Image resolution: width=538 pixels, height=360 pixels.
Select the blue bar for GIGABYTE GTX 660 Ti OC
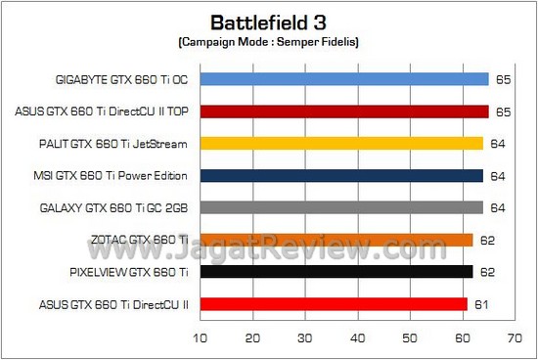(x=343, y=79)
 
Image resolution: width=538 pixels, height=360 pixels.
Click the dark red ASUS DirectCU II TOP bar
(x=343, y=112)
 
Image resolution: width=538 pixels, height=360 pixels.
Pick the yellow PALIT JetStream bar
(x=341, y=144)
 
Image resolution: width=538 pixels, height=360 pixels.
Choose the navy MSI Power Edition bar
(x=341, y=176)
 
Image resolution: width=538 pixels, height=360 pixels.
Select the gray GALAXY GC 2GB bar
(x=341, y=207)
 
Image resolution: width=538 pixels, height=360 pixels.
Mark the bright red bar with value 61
(x=334, y=304)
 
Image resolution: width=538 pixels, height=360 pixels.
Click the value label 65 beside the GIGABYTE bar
(x=503, y=80)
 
